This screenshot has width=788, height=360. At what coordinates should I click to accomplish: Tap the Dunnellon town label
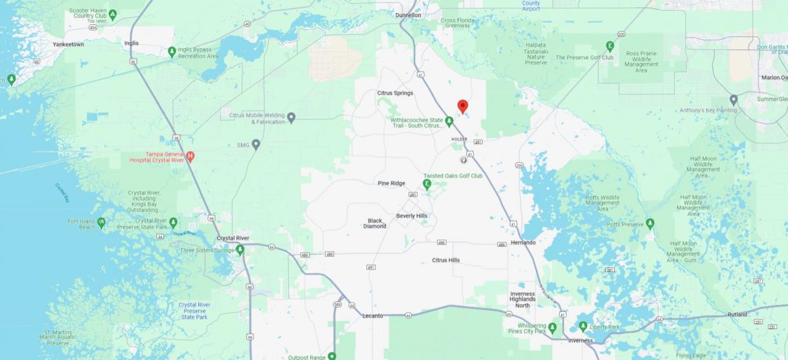(408, 14)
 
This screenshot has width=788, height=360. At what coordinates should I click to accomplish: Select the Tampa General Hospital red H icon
(190, 156)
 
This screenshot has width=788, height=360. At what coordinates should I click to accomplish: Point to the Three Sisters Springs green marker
(240, 250)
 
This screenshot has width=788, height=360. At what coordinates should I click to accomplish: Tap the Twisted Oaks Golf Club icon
(427, 184)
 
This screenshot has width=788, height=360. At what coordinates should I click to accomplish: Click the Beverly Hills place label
(412, 215)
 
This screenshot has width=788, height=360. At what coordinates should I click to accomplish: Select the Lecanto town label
(372, 316)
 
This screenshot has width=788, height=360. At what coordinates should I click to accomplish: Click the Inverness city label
(580, 340)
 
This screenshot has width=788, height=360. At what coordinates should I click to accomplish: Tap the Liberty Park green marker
(583, 326)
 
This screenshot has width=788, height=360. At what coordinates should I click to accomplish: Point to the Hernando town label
(523, 242)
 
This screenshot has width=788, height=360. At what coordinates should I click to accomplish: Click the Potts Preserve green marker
(650, 223)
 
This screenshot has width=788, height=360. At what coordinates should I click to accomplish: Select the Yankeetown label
(68, 45)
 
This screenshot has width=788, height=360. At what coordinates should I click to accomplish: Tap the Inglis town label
(131, 43)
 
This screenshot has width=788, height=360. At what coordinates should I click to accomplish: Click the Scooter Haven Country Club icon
(112, 14)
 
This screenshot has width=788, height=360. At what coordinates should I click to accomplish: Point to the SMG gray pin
(257, 144)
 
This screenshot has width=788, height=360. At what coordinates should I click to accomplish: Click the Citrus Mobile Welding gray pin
(292, 118)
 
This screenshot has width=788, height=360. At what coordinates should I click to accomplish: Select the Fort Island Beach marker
(101, 223)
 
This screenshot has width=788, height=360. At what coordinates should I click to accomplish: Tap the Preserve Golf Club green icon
(610, 46)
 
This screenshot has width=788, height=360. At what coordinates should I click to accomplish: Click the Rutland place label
(737, 315)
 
